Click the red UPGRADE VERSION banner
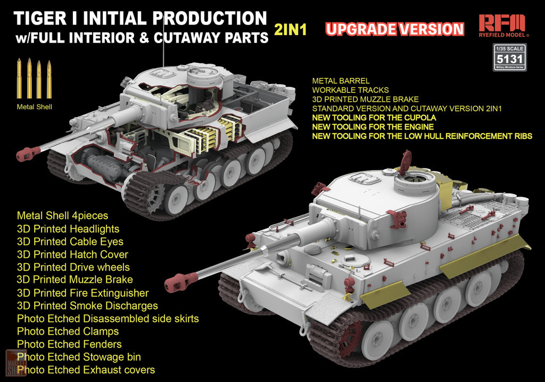pyautogui.click(x=395, y=29)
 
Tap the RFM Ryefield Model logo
pyautogui.click(x=503, y=26)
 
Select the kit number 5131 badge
pyautogui.click(x=509, y=58)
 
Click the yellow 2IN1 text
pyautogui.click(x=290, y=30)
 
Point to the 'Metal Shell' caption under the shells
pyautogui.click(x=35, y=107)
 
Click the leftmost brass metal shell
pyautogui.click(x=19, y=79)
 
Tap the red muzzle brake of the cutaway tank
pyautogui.click(x=28, y=153)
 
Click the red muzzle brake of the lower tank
pyautogui.click(x=181, y=280)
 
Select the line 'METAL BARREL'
pyautogui.click(x=341, y=80)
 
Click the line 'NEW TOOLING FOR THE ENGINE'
pyautogui.click(x=373, y=127)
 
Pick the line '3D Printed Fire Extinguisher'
pyautogui.click(x=82, y=293)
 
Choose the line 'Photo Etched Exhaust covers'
pyautogui.click(x=86, y=369)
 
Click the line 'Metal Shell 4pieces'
pyautogui.click(x=63, y=216)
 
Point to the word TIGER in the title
pyautogui.click(x=39, y=19)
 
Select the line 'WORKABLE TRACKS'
pyautogui.click(x=350, y=90)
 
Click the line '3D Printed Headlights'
pyautogui.click(x=68, y=229)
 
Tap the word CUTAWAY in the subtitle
pyautogui.click(x=187, y=38)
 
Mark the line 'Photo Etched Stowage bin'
pyautogui.click(x=79, y=357)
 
